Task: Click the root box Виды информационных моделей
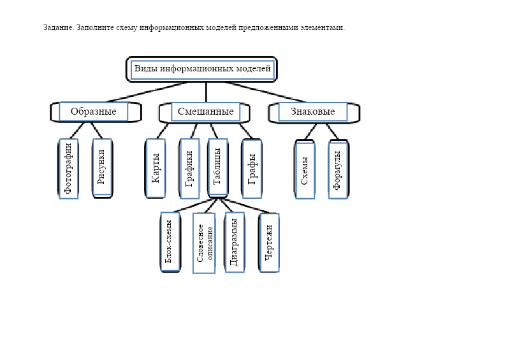tap(202, 69)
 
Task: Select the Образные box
tap(94, 112)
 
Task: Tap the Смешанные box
tap(205, 112)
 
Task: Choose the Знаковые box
tap(312, 112)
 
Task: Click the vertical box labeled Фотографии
tap(69, 168)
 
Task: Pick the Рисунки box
tap(102, 168)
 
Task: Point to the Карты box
tap(156, 168)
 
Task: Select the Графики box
tap(189, 168)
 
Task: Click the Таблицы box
tap(217, 168)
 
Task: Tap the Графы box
tap(251, 168)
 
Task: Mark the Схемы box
tap(305, 169)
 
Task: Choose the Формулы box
tap(339, 169)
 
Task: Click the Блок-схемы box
tap(170, 242)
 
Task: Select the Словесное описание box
tap(203, 243)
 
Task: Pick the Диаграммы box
tap(234, 242)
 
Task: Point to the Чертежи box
tap(269, 242)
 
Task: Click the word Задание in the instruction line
tap(58, 27)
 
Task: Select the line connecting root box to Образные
tap(147, 92)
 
